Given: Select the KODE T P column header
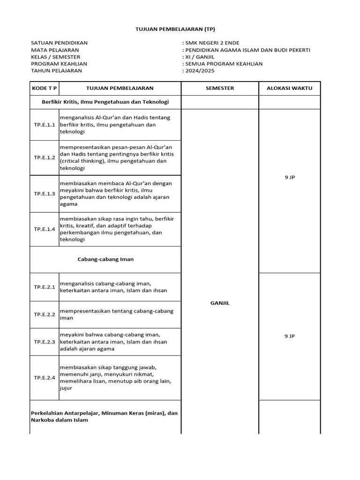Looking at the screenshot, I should pos(44,88).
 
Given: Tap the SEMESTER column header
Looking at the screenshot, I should pos(220,88).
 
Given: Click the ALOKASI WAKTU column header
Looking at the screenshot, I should pos(289,88).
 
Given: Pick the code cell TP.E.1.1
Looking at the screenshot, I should pos(44,125).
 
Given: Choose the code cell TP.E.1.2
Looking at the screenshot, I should pos(44,157).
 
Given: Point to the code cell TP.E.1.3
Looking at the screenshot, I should pos(44,194).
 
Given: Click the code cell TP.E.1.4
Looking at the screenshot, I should pos(44,229).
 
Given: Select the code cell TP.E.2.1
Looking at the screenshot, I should pos(44,287).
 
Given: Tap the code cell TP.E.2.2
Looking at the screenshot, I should pos(44,315).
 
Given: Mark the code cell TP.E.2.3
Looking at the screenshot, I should pos(44,342).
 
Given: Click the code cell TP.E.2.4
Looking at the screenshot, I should pos(44,377).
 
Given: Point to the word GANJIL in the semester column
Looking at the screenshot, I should pos(220,303).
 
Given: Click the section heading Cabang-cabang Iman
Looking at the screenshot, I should pos(105,259).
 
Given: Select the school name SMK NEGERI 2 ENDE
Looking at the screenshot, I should pos(212,43).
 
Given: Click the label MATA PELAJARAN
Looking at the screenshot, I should pos(55,50).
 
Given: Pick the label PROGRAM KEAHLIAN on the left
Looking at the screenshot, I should pos(59,64).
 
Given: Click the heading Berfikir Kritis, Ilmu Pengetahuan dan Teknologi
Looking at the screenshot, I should pos(105,102).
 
